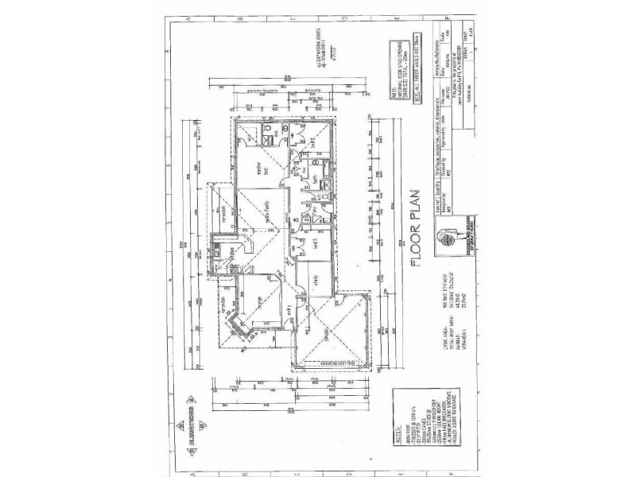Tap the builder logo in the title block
(451, 237)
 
